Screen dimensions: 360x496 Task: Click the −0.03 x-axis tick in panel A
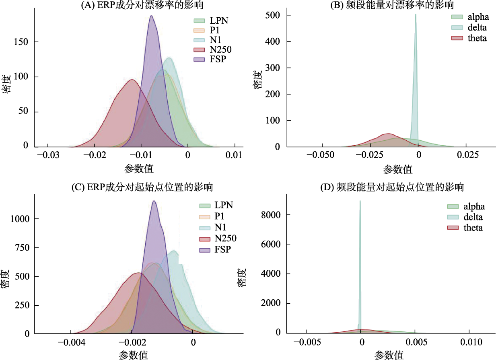(47, 154)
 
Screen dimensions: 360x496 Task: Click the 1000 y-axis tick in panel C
(19, 219)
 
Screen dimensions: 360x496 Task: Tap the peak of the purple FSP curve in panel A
(151, 16)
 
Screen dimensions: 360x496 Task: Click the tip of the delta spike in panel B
(416, 14)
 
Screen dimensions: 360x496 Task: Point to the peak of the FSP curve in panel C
(154, 201)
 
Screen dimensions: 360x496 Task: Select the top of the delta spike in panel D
(360, 201)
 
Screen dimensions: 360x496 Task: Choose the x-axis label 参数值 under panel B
(398, 170)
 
